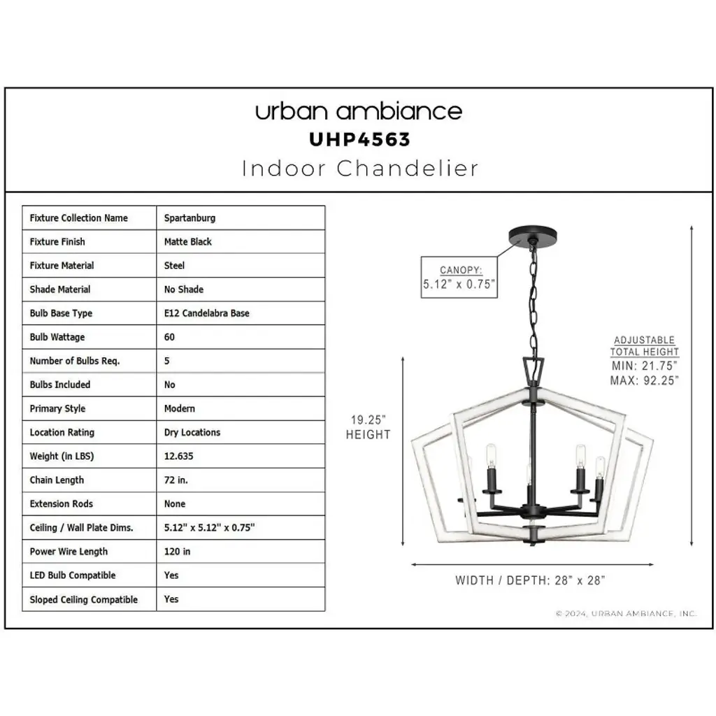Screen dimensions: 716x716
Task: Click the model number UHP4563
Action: (x=359, y=139)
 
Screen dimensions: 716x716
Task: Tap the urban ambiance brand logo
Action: (x=359, y=111)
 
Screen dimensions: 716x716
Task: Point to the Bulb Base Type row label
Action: (x=61, y=313)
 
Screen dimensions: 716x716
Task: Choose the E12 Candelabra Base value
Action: (x=206, y=313)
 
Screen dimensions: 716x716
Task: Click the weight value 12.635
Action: (x=178, y=456)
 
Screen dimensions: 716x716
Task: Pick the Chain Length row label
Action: (x=57, y=480)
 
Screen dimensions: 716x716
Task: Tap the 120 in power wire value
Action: (x=177, y=551)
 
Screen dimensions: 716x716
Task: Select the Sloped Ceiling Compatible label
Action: (x=84, y=599)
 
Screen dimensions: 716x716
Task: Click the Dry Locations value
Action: (x=192, y=432)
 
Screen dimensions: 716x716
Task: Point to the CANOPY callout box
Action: (x=459, y=277)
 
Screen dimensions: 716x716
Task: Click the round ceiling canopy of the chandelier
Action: (x=532, y=236)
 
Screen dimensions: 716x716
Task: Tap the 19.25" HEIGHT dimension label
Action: (x=368, y=427)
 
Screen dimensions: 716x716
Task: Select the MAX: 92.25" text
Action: (x=644, y=380)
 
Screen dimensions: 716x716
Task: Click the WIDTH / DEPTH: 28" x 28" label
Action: (x=530, y=580)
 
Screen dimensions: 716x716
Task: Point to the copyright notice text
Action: (x=626, y=613)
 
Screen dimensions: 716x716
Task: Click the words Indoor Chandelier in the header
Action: (x=360, y=169)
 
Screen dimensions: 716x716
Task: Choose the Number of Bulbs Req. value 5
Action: (x=166, y=361)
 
